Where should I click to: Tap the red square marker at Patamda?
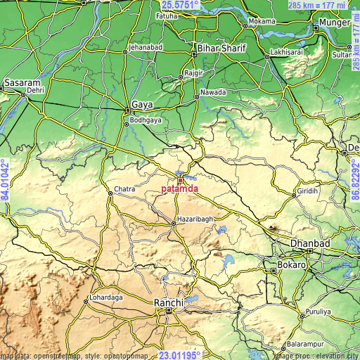click(x=180, y=181)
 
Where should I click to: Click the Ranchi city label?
click(x=168, y=302)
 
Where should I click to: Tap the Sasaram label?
click(x=22, y=83)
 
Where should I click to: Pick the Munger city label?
click(x=334, y=23)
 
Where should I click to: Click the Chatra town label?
click(x=123, y=191)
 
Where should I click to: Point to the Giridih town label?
click(x=307, y=191)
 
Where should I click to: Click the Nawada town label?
click(x=213, y=92)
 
